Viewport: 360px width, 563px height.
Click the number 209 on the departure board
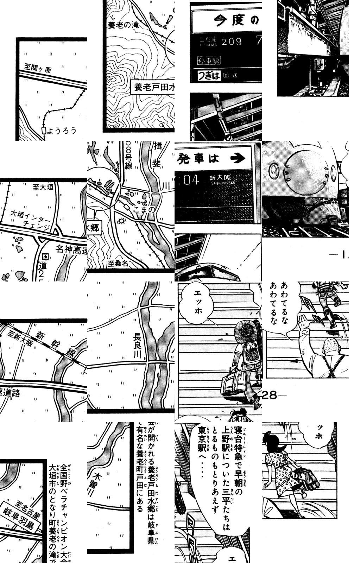232,42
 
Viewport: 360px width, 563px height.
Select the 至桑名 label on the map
118,263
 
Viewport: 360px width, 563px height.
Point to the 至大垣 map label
43,187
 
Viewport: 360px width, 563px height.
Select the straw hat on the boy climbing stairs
246,328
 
